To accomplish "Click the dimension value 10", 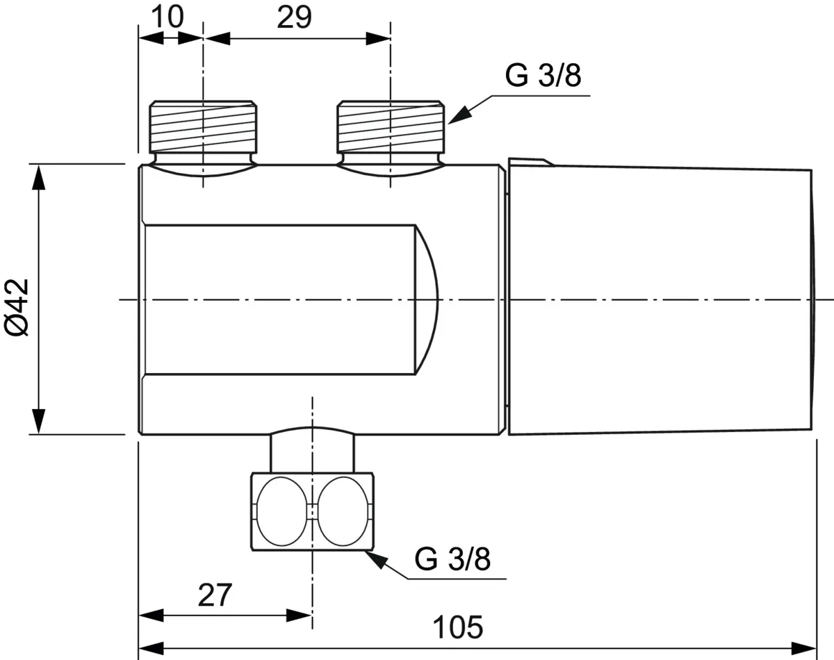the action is pos(167,17).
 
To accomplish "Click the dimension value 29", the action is pos(294,17).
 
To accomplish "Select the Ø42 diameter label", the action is pos(17,307).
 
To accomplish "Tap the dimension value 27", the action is pos(215,595).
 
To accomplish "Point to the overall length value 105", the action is pos(458,627).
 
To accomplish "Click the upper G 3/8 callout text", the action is pos(543,76).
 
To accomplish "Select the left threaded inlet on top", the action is pos(203,126).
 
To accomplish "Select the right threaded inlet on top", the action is pos(391,126).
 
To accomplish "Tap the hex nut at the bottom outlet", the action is pos(312,511).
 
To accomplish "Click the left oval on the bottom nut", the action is pos(281,511).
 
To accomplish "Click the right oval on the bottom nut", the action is pos(343,511).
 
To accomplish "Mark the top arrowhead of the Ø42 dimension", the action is pos(38,176).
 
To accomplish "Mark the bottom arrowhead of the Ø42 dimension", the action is pos(38,422).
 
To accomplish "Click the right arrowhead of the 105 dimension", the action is pos(803,648).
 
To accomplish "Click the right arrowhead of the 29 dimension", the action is pos(378,39).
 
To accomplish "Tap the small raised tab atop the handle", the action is pos(531,162).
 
